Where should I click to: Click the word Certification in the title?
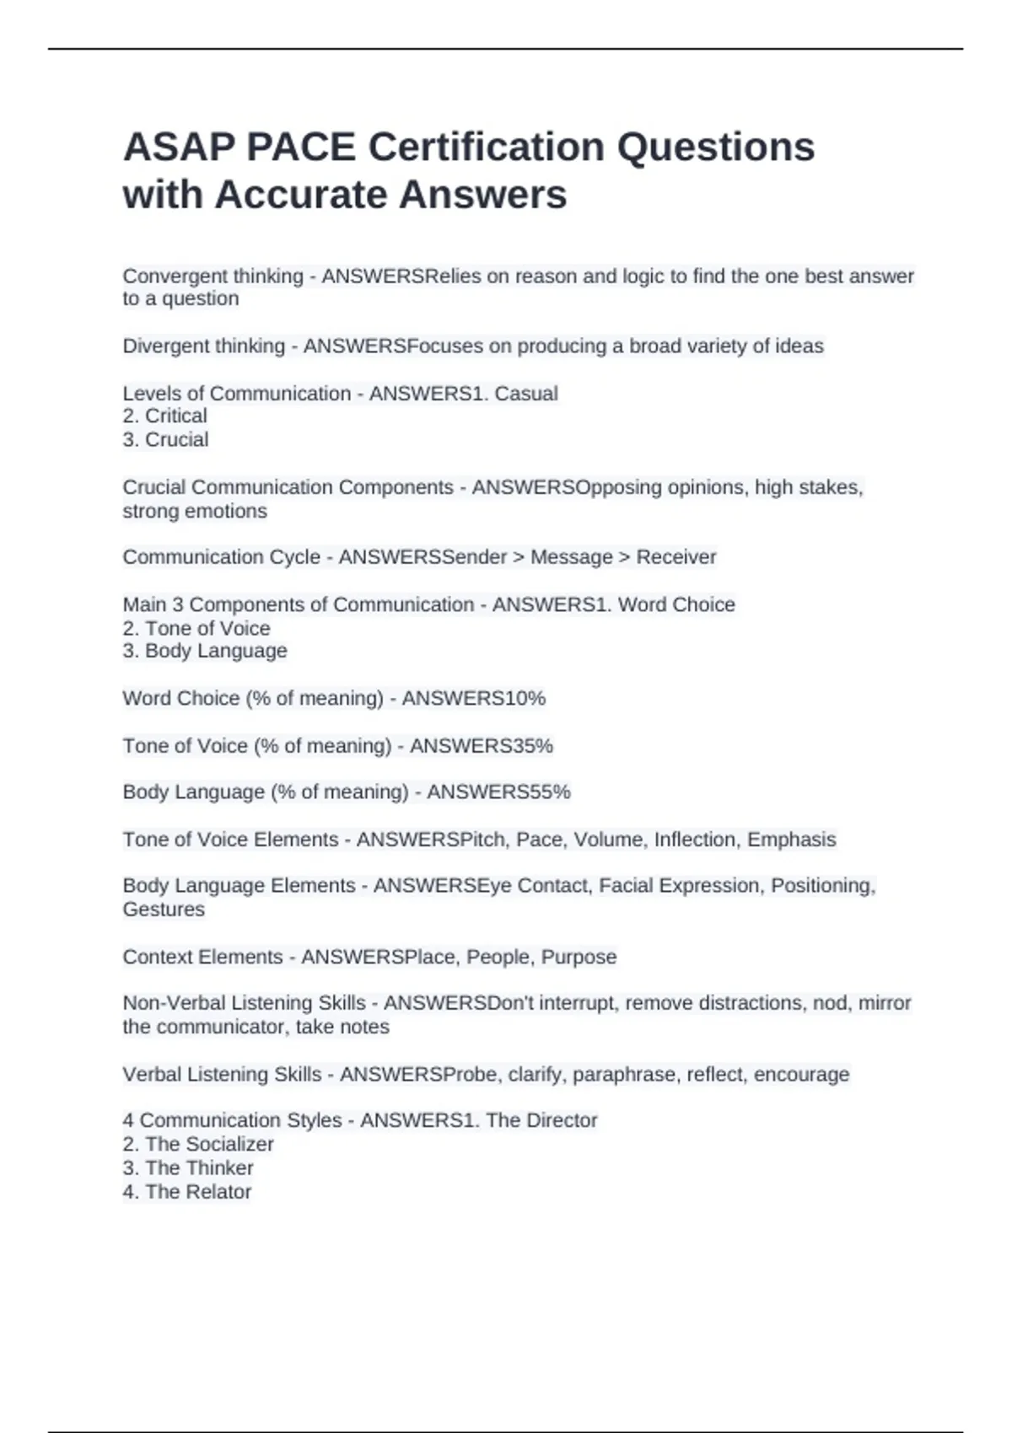click(485, 148)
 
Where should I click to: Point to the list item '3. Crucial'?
click(165, 440)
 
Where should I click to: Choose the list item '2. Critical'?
click(164, 416)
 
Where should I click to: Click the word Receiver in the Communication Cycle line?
click(676, 557)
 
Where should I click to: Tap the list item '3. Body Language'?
click(205, 651)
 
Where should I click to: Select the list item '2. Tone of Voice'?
click(196, 629)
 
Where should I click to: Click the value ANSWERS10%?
click(473, 699)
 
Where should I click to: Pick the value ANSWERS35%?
click(481, 746)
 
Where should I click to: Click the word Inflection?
click(695, 840)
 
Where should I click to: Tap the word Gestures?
click(164, 910)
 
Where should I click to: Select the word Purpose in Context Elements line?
click(579, 958)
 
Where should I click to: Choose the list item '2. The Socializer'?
click(198, 1145)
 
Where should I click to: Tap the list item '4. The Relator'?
click(186, 1192)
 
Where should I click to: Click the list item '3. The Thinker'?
click(187, 1168)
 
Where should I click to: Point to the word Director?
click(562, 1121)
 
